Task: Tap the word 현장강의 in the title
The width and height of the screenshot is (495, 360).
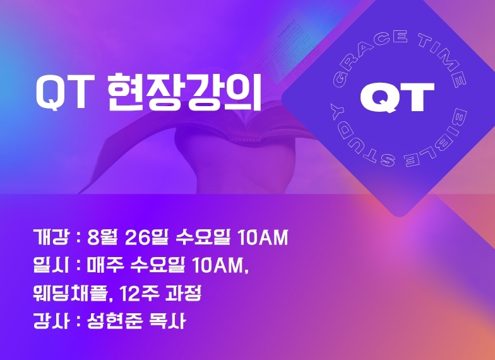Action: click(x=185, y=92)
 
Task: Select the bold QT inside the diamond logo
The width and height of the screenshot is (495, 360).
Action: click(x=397, y=97)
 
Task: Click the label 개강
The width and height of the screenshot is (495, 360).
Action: click(x=51, y=237)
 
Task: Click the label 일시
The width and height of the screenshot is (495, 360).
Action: click(x=51, y=265)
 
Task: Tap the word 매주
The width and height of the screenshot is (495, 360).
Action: click(x=105, y=265)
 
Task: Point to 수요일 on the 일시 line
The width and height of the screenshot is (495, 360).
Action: click(x=158, y=265)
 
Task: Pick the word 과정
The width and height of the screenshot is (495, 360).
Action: click(x=183, y=293)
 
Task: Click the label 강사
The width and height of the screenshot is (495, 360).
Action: click(x=51, y=321)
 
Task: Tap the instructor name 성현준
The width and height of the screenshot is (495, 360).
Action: click(x=115, y=321)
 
